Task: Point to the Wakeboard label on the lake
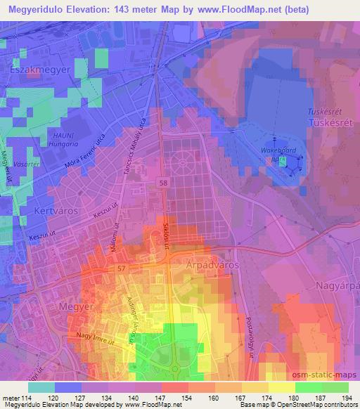pos(274,150)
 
